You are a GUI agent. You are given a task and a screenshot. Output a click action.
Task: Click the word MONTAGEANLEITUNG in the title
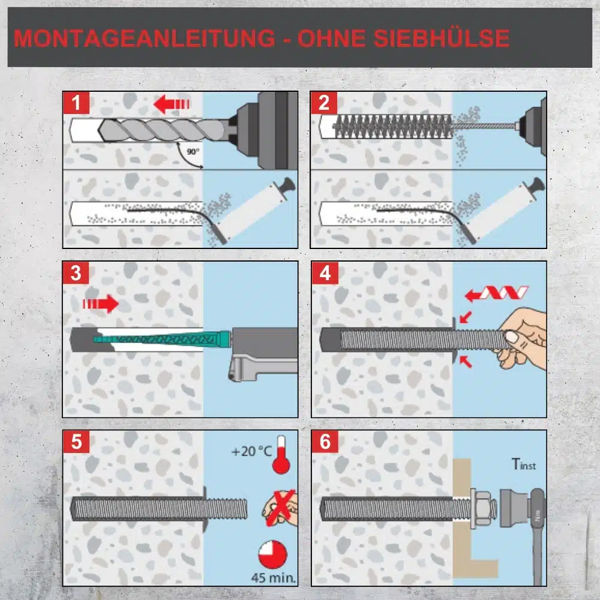click(145, 38)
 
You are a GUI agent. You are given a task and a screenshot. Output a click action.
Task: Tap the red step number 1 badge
click(76, 103)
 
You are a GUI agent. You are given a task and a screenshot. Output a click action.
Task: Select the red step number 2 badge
click(324, 103)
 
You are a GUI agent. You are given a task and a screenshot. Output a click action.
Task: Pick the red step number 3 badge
click(76, 273)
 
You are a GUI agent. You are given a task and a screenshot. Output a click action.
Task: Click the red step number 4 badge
click(325, 273)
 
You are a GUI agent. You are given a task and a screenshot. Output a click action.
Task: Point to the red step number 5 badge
click(76, 442)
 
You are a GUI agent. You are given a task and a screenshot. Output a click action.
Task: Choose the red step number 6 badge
click(325, 442)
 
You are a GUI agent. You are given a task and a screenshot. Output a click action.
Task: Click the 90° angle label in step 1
click(193, 152)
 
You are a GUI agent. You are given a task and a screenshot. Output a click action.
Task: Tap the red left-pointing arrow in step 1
click(172, 104)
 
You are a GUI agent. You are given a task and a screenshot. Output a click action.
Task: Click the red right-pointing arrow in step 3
click(101, 304)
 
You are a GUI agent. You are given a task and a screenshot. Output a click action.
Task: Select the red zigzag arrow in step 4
click(496, 294)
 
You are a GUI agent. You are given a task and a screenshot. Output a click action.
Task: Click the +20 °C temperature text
click(251, 452)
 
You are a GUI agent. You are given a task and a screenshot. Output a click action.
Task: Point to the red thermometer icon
click(281, 455)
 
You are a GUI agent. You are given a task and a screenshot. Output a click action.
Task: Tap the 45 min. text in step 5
click(274, 577)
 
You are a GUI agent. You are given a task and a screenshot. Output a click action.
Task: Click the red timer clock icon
click(272, 554)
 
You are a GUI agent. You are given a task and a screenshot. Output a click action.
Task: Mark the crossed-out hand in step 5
click(280, 508)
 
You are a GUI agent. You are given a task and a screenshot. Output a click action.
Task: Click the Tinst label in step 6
click(523, 464)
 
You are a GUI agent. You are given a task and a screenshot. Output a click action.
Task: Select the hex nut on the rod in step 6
click(483, 508)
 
